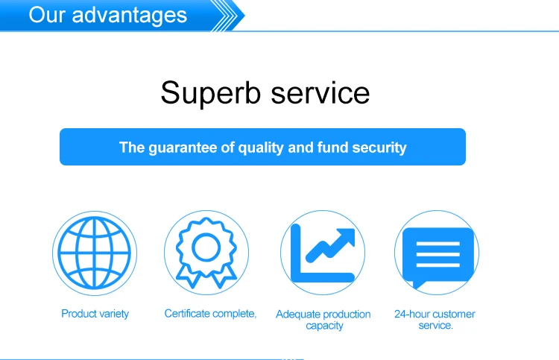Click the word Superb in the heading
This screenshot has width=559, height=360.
coord(211,93)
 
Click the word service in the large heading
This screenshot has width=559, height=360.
coord(320,92)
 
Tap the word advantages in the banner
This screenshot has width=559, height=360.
coord(130,15)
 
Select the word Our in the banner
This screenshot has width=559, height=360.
coord(47,15)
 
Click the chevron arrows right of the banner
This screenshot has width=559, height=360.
coord(227,16)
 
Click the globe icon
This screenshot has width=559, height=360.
coord(95,253)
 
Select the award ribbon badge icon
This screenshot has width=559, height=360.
coord(206,253)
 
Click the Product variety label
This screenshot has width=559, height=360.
coord(95,314)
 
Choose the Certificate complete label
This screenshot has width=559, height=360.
coord(210,314)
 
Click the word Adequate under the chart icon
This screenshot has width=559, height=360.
coord(297,315)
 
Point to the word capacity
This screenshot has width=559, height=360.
coord(324,326)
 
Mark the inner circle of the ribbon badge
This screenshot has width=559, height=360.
coord(206,247)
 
